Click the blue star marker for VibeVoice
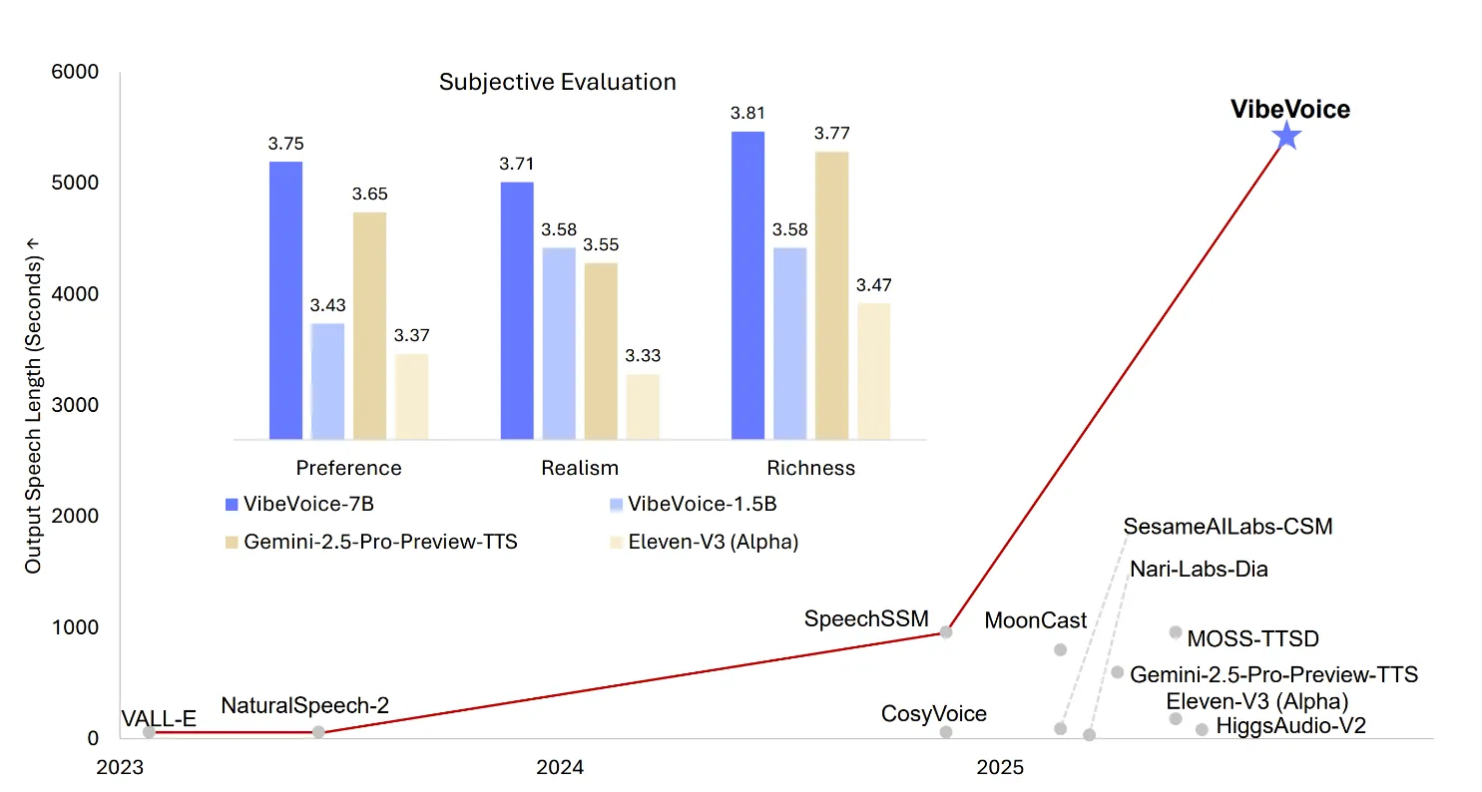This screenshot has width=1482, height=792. coord(1287,137)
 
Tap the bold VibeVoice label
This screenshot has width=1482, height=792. coord(1289,110)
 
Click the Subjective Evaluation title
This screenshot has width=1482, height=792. coord(557,82)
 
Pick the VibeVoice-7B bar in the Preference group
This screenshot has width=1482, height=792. coord(285,300)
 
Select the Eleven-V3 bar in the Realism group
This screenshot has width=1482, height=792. coord(643,406)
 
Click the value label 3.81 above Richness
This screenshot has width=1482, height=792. coord(747,113)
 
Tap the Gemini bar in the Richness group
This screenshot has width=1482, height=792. coord(831,295)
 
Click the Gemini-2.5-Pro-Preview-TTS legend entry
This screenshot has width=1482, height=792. coord(371,543)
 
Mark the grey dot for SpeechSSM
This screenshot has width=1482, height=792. coord(946,631)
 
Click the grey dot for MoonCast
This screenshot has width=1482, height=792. coord(1060,649)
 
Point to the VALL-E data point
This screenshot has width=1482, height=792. coord(149,732)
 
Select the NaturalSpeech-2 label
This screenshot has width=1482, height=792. coord(304,706)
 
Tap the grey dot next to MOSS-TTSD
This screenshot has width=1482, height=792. coord(1176,631)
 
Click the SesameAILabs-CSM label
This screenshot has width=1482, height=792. coord(1228,526)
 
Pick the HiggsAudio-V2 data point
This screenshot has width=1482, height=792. coord(1202,729)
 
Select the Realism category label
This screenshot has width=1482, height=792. coord(580,468)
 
